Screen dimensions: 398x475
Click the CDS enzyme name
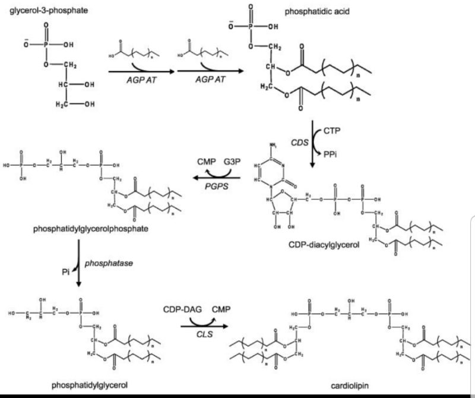[299, 143]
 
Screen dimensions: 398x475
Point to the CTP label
[333, 129]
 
